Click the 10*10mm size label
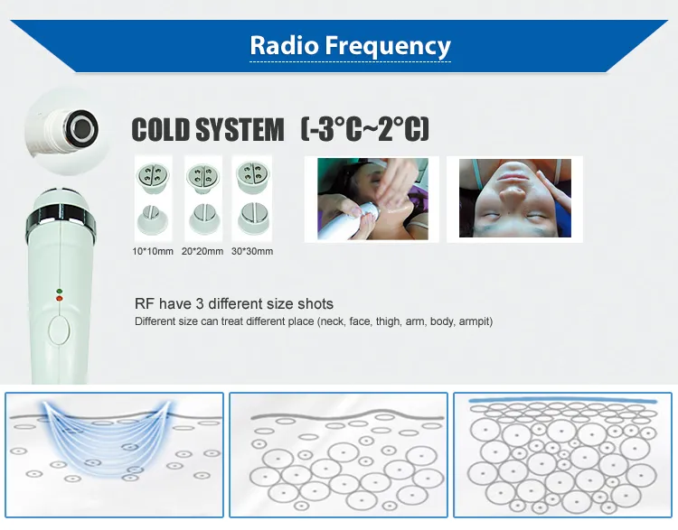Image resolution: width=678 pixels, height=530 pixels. click(152, 251)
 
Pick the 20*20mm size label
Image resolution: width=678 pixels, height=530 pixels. click(202, 251)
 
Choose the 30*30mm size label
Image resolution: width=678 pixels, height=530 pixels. click(252, 251)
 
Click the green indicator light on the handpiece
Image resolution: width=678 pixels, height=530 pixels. click(60, 291)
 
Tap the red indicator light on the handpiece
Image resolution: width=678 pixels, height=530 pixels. click(60, 298)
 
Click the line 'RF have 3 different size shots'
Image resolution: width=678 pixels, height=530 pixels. click(234, 303)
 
